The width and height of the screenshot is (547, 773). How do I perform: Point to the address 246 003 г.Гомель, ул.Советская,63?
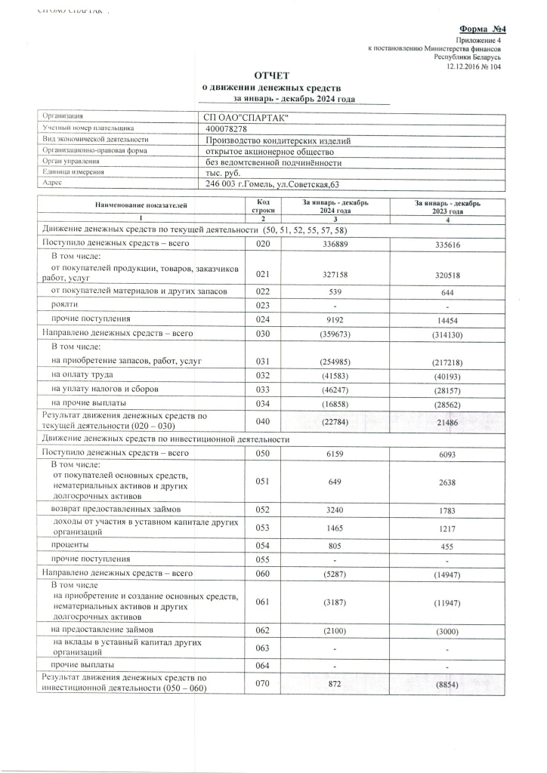(x=273, y=183)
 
